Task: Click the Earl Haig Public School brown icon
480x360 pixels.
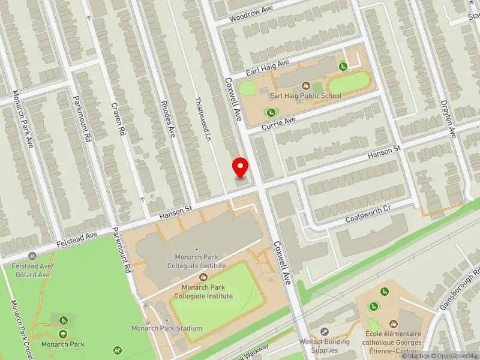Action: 305,86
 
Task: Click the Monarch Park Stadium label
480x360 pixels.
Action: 167,328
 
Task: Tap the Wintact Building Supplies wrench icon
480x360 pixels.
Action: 325,332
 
